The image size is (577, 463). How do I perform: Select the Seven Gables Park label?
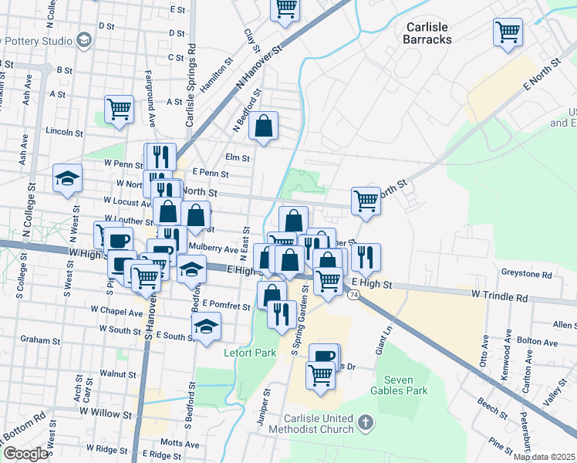tap(406, 386)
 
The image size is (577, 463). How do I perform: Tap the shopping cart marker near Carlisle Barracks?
tap(508, 32)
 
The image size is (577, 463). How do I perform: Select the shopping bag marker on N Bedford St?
tap(264, 126)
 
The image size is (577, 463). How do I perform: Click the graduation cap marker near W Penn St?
tap(68, 178)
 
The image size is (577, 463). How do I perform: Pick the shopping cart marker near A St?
tap(120, 109)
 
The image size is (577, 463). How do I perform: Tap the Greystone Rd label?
tap(526, 274)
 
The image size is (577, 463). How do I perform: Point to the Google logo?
tap(25, 454)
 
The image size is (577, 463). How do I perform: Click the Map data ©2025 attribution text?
tap(544, 457)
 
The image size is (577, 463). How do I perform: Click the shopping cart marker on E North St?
tap(366, 201)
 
